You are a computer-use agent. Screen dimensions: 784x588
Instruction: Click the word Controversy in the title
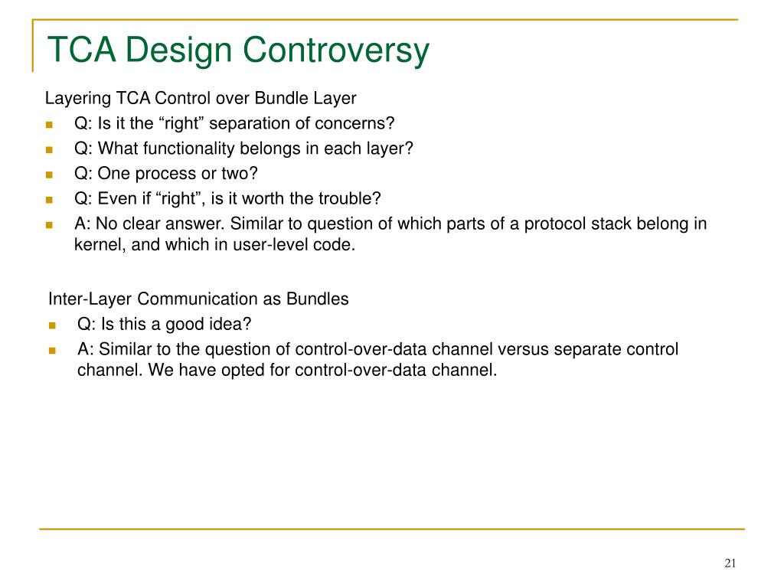(x=336, y=50)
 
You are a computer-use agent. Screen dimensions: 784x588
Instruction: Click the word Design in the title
(x=178, y=50)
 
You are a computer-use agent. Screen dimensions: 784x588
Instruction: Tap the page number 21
(x=730, y=563)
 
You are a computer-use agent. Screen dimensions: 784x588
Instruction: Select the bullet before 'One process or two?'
(x=49, y=175)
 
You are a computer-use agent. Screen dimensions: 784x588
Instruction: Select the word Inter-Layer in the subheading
(x=90, y=299)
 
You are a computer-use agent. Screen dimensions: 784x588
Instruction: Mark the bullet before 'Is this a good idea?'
(x=53, y=325)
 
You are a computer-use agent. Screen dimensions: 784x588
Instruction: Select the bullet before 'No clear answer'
(x=49, y=224)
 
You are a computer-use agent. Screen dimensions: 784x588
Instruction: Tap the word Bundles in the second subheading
(x=318, y=299)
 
